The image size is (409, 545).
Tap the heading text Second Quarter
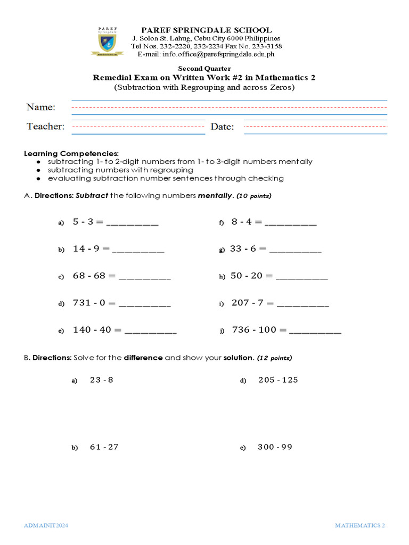(204, 69)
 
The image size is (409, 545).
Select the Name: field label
(41, 108)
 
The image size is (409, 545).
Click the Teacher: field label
(46, 127)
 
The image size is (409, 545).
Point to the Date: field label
(222, 127)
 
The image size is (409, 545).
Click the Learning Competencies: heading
(71, 153)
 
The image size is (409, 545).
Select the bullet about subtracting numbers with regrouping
(120, 170)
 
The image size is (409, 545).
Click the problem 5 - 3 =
(88, 222)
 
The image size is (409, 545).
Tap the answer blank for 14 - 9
(138, 249)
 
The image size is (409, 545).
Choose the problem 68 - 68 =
(94, 276)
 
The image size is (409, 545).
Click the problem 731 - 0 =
(94, 303)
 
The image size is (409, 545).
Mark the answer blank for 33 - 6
(296, 249)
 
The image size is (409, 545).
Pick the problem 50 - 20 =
(251, 276)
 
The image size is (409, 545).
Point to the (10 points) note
(254, 196)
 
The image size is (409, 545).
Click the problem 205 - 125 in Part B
(278, 380)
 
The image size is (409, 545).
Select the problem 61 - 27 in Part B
(104, 447)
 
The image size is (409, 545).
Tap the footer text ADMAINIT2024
(46, 525)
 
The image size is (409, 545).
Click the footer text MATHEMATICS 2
(359, 525)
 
